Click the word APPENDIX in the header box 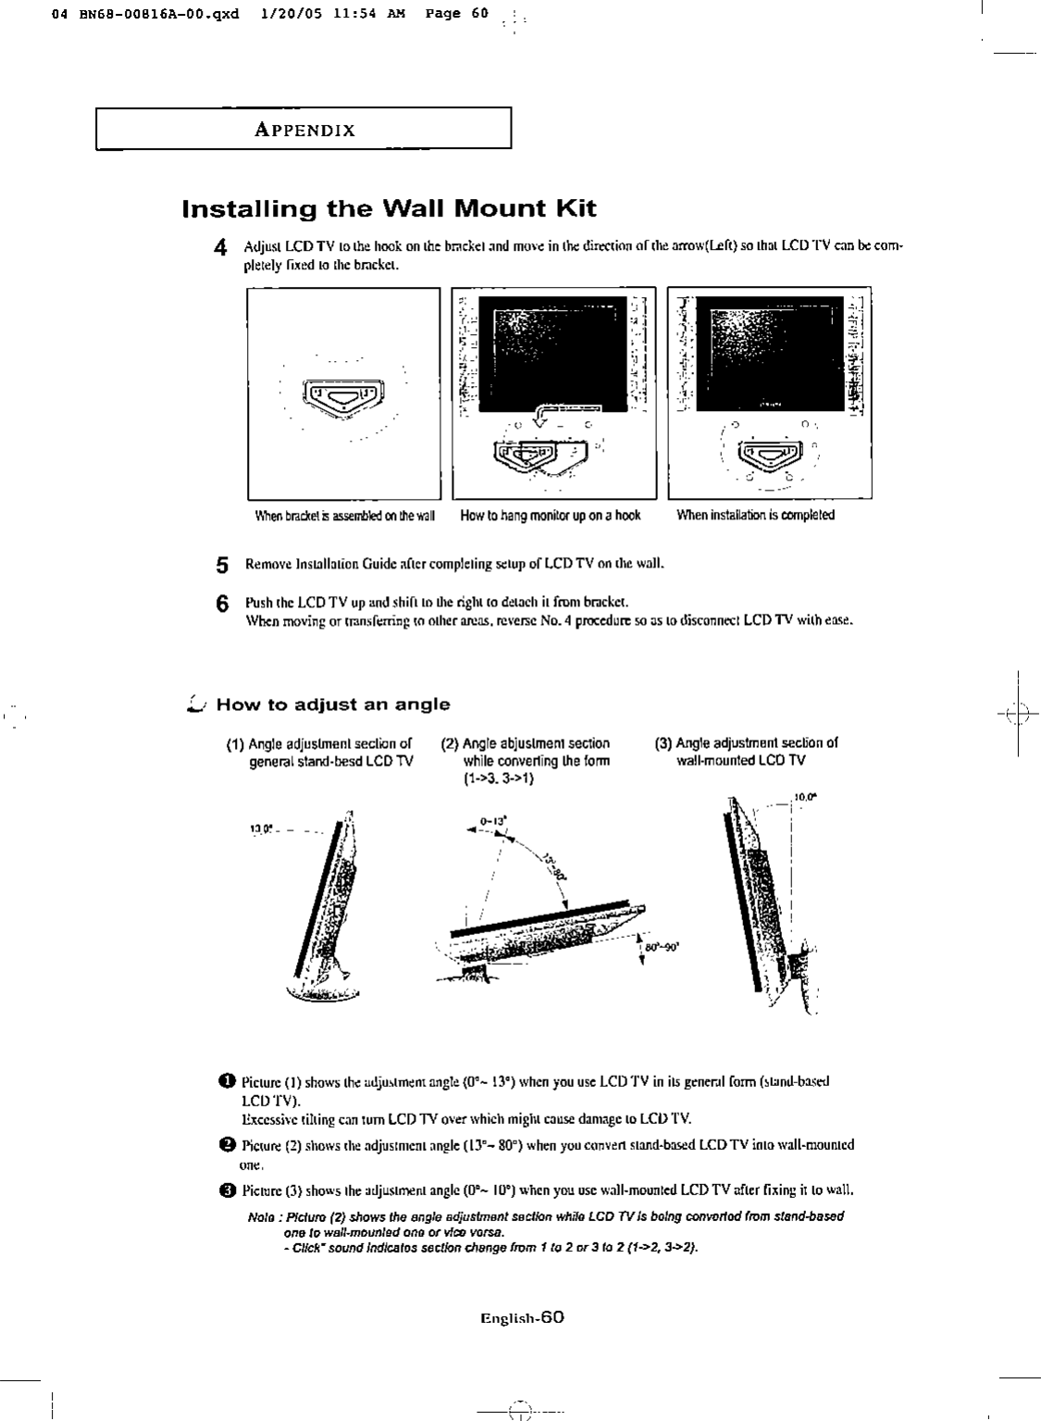tap(304, 130)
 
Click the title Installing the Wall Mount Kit tap(390, 208)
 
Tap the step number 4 tap(220, 247)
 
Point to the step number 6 tap(221, 603)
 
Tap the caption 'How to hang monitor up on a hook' tap(551, 515)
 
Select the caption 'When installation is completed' tap(755, 515)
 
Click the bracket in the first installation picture tap(341, 399)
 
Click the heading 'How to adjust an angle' tap(333, 704)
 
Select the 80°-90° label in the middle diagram tap(665, 947)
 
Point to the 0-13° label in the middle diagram tap(491, 820)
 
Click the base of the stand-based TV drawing tap(323, 991)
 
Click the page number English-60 tap(522, 1316)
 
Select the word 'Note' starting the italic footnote tap(261, 1215)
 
